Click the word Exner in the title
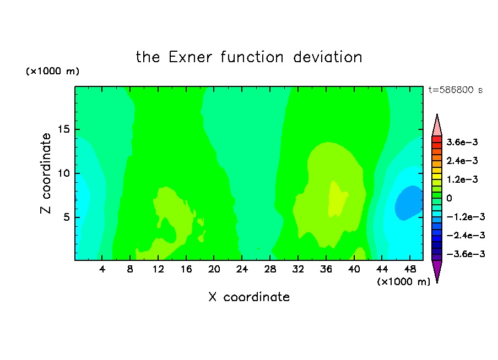pos(190,57)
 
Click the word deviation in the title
pos(327,57)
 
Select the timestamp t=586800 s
pos(456,90)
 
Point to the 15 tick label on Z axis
pos(64,129)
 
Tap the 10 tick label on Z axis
pos(64,173)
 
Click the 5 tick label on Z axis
pos(66,217)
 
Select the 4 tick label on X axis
pos(102,269)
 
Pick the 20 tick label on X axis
pos(214,269)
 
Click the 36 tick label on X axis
pos(326,269)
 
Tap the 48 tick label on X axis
pos(410,269)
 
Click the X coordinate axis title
pos(249,297)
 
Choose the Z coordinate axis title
pos(46,173)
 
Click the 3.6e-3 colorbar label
pos(462,142)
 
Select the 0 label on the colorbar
pos(449,198)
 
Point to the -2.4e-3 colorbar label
pos(465,236)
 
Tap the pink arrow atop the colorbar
pos(437,126)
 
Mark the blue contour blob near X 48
pos(409,203)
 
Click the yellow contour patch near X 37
pos(337,199)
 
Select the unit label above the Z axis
pos(52,71)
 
